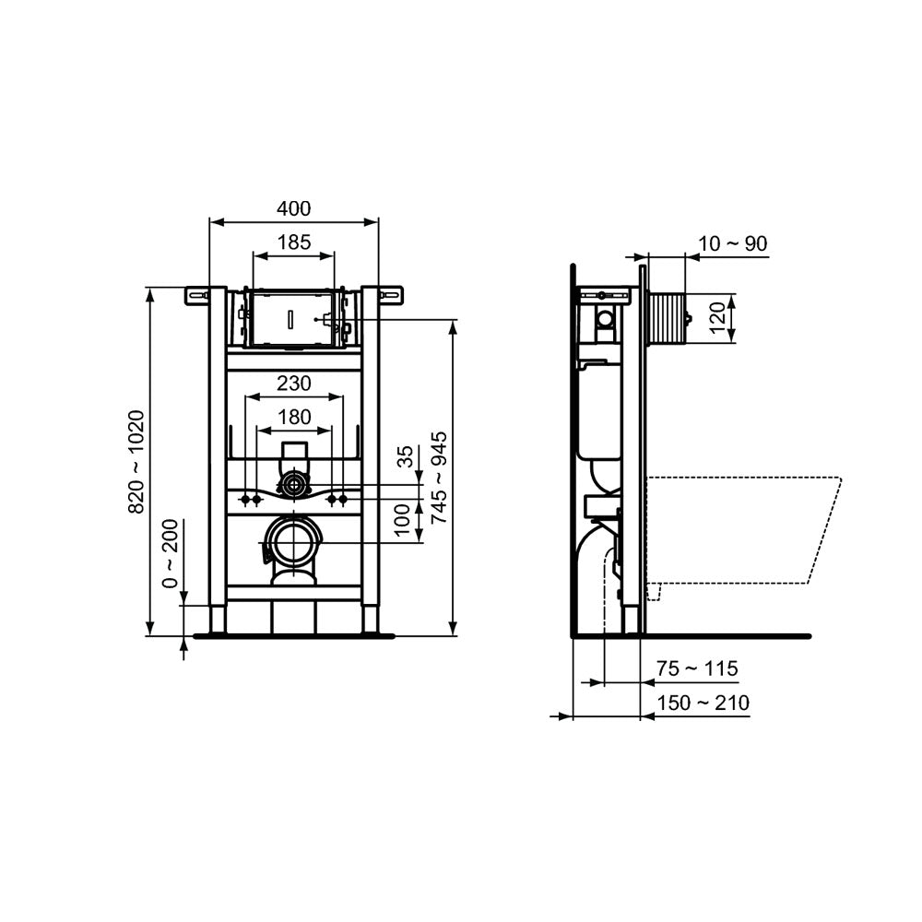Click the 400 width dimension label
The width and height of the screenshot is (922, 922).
tap(294, 209)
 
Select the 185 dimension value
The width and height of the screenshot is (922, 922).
tap(294, 243)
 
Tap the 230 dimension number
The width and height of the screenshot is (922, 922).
tap(294, 383)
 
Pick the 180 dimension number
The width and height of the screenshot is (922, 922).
tap(294, 417)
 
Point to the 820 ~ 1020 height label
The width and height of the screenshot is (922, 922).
tap(137, 461)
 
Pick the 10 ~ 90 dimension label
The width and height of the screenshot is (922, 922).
tap(732, 244)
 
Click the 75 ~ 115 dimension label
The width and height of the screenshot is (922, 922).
tap(697, 668)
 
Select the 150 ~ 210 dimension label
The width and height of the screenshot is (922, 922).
tap(703, 703)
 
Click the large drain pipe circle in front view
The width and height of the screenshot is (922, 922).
tap(293, 543)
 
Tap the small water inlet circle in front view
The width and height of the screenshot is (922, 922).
tap(294, 483)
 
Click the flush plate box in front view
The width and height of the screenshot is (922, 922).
tap(293, 318)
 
